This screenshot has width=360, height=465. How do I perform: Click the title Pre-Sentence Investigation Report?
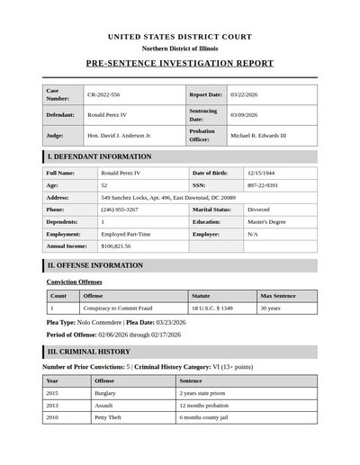click(x=180, y=65)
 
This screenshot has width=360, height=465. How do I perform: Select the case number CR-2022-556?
click(x=103, y=94)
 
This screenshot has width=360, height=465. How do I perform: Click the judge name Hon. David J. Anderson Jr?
click(x=119, y=135)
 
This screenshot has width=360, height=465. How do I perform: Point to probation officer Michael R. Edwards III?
click(x=258, y=135)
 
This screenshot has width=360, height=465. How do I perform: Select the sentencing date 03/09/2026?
click(x=244, y=115)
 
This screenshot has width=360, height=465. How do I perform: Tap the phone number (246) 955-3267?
click(x=120, y=209)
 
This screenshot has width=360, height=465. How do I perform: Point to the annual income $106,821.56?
click(x=116, y=245)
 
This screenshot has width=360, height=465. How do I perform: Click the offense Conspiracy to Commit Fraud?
click(x=117, y=308)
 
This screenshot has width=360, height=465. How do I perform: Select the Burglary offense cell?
click(x=106, y=393)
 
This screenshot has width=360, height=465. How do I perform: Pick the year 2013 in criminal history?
click(x=52, y=405)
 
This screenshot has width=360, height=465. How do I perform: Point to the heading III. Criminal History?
click(x=89, y=352)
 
